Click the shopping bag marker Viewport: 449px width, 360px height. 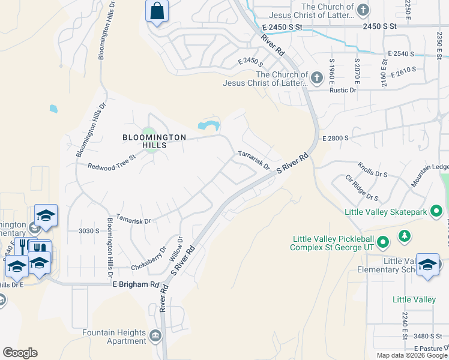tap(157, 11)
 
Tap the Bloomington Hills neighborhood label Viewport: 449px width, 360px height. tap(154, 141)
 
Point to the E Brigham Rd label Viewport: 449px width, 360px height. tap(136, 284)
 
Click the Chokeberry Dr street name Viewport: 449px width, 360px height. tap(148, 259)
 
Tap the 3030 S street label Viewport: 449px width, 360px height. tap(89, 230)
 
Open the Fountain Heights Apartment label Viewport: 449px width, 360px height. tap(115, 337)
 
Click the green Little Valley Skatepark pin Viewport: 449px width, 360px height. tap(436, 211)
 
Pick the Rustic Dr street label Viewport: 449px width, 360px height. tap(343, 90)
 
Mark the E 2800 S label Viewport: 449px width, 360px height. tap(336, 139)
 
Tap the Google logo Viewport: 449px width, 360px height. tap(20, 353)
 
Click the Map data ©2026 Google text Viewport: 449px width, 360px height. tap(412, 355)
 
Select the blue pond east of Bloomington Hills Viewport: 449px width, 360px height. tap(208, 125)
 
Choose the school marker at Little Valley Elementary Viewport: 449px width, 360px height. tap(427, 264)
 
